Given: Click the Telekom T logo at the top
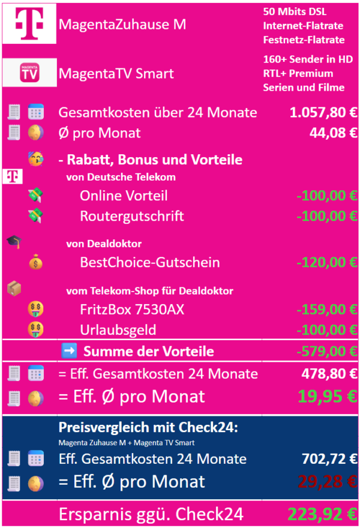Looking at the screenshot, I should pos(29,25).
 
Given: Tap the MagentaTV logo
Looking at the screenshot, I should pos(29,73).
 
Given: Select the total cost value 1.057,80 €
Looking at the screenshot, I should pos(323,113).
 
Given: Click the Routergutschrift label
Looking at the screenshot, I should pos(132,216).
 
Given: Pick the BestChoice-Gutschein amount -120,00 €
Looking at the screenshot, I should pos(326,262).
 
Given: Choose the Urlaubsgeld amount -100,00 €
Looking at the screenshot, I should pos(326,330).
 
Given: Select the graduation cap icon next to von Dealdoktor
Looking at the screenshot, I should pos(14,242).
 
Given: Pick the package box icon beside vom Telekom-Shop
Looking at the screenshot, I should pos(14,289).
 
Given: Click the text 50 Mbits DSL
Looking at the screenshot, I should pos(294,13).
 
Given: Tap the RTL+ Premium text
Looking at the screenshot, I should pos(298,73).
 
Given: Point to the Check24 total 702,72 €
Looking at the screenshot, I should pos(329,459).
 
